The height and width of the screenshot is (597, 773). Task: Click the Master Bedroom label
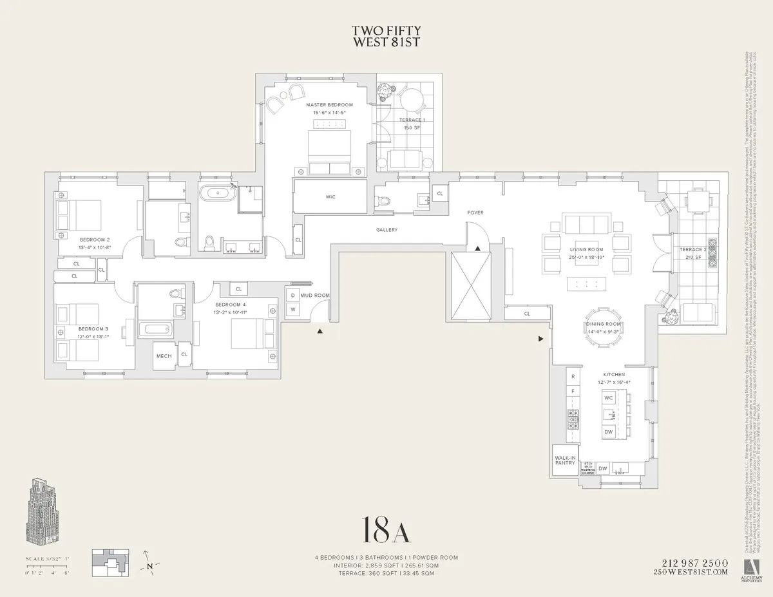tap(329, 105)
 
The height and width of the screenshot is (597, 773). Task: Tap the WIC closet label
tap(330, 196)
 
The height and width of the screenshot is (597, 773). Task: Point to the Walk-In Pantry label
tap(565, 461)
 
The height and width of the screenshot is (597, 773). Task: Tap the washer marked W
tap(293, 310)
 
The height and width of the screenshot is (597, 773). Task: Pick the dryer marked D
tap(293, 295)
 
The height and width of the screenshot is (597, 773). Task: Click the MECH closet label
tap(163, 356)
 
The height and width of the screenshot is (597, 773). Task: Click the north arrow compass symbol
tap(149, 566)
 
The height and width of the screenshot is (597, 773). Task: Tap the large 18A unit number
tap(386, 529)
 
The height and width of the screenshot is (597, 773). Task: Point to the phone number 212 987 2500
tap(691, 562)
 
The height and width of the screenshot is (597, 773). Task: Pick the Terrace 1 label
tap(412, 120)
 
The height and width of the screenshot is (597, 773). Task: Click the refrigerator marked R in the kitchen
tap(573, 376)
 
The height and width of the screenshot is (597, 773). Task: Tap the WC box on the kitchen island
tap(609, 398)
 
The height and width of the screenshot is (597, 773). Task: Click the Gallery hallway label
tap(387, 230)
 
